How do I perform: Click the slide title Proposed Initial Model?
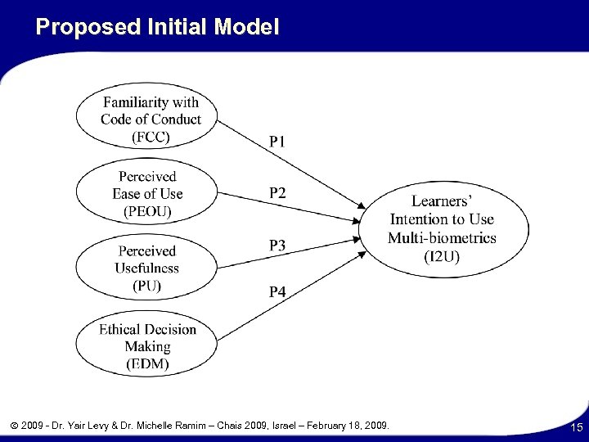coord(158,27)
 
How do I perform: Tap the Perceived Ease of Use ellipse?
coord(148,194)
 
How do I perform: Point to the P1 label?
coord(278,142)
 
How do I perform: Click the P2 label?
coord(278,193)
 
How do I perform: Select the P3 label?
coord(278,245)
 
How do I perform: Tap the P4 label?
coord(278,291)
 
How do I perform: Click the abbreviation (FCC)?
coord(151,136)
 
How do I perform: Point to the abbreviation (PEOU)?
coord(148,211)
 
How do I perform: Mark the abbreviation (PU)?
coord(148,286)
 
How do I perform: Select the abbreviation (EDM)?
coord(148,363)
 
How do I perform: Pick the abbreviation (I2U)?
coord(442,255)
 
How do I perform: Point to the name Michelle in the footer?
coord(155,425)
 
